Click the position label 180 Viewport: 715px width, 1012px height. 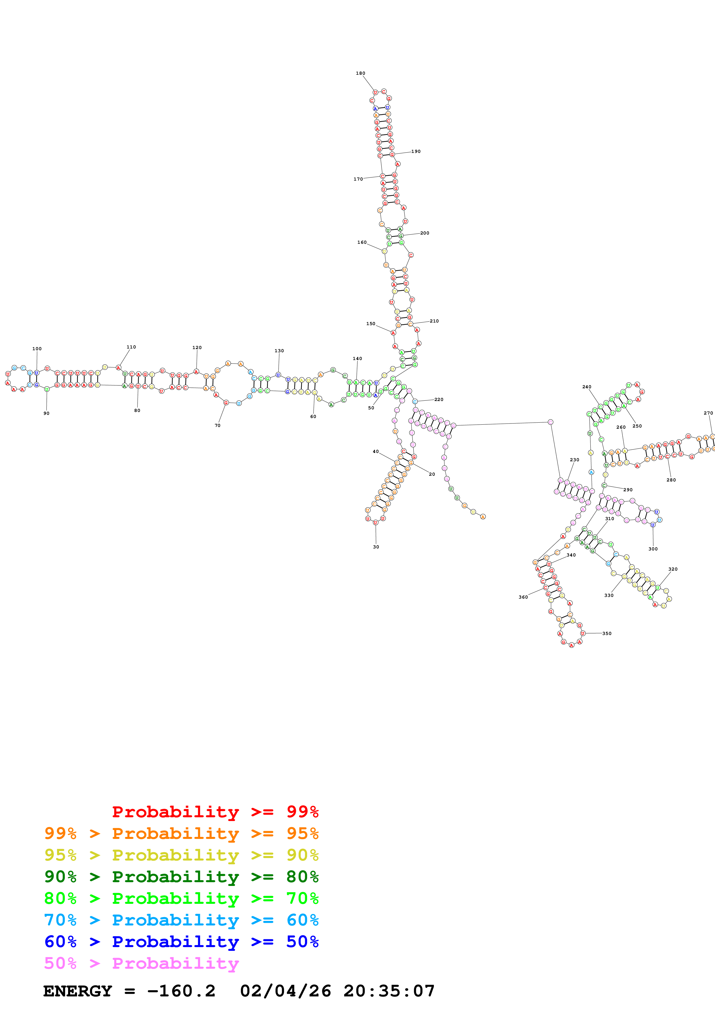click(x=360, y=73)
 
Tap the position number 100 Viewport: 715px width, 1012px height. click(x=37, y=349)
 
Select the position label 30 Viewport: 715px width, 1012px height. click(x=376, y=547)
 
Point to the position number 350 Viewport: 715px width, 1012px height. click(x=607, y=634)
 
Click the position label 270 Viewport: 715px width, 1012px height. click(x=708, y=413)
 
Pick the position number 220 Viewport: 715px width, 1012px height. click(x=439, y=399)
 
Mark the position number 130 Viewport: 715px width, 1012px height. click(x=279, y=351)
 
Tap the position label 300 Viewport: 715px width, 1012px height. click(x=653, y=549)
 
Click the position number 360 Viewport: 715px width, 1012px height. click(x=523, y=597)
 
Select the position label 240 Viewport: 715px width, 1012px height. click(x=587, y=387)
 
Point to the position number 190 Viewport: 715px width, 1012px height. click(x=416, y=151)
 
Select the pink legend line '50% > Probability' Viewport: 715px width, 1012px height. click(x=141, y=964)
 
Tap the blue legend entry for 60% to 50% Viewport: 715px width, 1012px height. click(x=181, y=942)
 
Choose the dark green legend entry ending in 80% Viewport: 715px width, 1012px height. click(x=181, y=877)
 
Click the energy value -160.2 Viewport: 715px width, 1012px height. click(x=181, y=991)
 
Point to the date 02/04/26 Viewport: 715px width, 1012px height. click(x=286, y=991)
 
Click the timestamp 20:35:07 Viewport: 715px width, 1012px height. click(x=389, y=991)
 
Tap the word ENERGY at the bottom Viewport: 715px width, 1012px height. click(x=78, y=991)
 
